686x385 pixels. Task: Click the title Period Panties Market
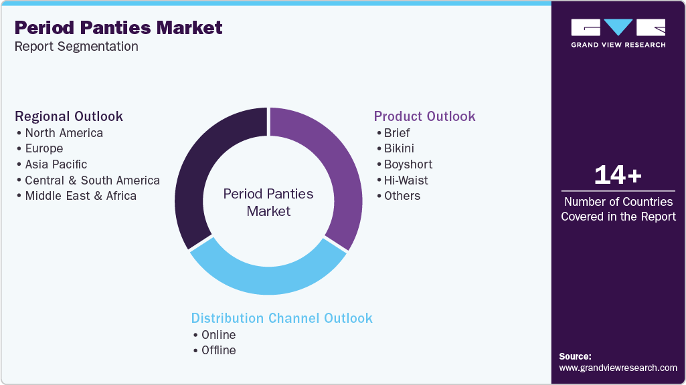coord(118,28)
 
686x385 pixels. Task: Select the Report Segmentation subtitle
coord(76,47)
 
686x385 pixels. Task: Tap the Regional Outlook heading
coord(69,116)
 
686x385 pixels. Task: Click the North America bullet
coord(64,133)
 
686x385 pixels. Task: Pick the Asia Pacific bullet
coord(56,164)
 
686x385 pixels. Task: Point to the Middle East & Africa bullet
coord(80,196)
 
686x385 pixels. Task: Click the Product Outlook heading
coord(424,116)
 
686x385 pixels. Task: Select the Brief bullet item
coord(396,133)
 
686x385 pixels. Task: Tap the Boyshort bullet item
coord(408,164)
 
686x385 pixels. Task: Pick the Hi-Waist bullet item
coord(406,180)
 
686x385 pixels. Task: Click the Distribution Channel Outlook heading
coord(282,318)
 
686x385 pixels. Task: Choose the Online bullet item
coord(218,335)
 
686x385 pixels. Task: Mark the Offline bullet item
coord(218,350)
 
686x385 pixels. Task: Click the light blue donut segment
coord(268,279)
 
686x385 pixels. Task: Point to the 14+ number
coord(618,176)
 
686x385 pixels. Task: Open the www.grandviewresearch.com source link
coord(618,368)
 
